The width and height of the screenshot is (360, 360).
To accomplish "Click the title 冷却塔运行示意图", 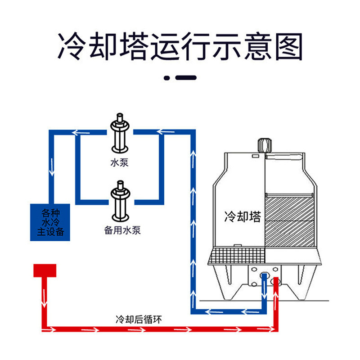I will point(180,46).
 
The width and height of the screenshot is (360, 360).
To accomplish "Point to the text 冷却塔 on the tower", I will point(242,217).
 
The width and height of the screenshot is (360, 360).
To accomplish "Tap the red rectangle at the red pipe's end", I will point(44,270).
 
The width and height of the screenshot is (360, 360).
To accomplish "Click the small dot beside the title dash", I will point(166,78).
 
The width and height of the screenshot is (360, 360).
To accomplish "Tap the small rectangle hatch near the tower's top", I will point(256,157).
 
